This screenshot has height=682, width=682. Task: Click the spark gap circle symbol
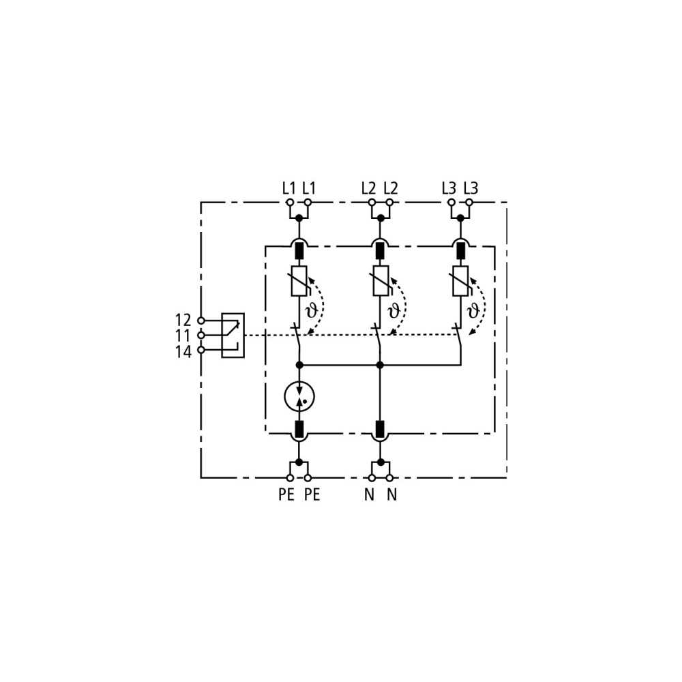299,396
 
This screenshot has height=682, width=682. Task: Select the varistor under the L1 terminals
299,281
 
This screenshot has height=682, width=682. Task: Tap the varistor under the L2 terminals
380,281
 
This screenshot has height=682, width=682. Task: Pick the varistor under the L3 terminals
460,281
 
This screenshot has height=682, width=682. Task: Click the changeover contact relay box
233,336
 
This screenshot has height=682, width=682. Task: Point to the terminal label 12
183,321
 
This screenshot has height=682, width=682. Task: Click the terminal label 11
183,336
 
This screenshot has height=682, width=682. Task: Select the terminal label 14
183,351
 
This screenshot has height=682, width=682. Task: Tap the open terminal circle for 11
201,336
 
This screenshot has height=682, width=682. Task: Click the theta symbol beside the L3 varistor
473,311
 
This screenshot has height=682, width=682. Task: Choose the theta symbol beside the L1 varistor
312,311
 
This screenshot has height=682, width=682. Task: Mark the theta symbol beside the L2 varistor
393,311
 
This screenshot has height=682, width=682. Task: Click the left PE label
286,494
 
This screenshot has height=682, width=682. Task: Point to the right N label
392,494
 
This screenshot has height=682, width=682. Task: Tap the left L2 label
368,188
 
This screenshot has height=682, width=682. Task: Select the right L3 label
471,188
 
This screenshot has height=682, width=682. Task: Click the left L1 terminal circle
290,203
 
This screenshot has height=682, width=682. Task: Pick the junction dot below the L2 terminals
381,218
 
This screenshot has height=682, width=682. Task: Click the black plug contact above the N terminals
380,429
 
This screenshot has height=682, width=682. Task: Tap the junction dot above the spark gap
299,365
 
